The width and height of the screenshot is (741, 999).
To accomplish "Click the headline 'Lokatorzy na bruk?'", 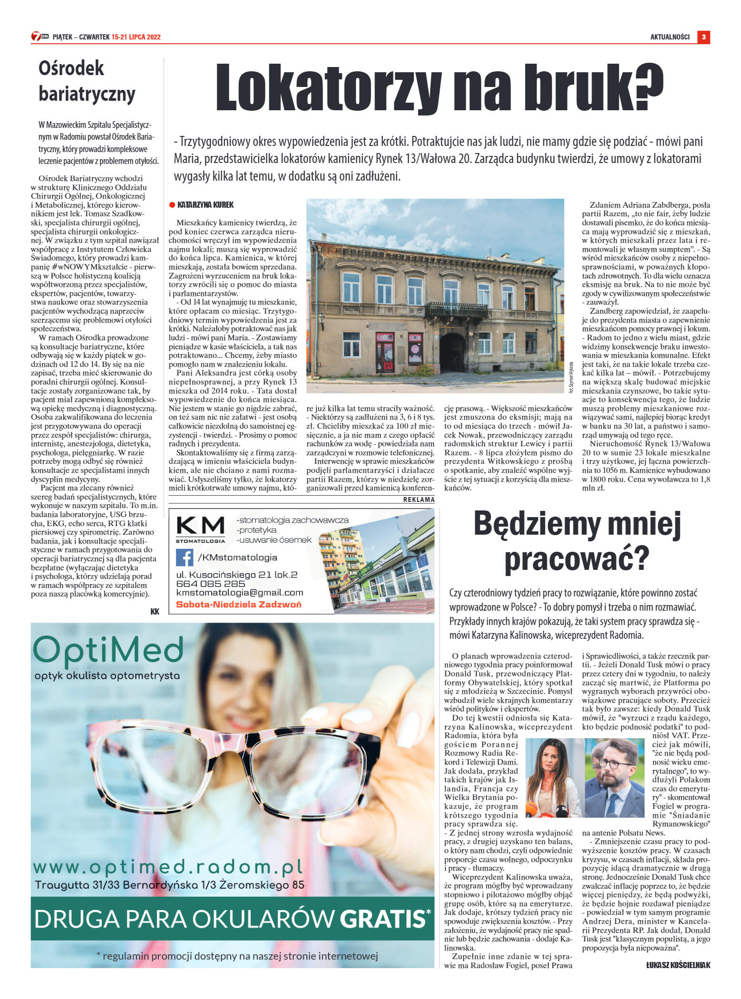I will click(x=439, y=87).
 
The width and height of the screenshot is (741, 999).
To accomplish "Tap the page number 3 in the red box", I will click(x=703, y=37).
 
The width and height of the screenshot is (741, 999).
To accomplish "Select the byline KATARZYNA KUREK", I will click(x=205, y=205).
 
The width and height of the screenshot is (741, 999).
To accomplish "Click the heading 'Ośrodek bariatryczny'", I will click(x=87, y=81).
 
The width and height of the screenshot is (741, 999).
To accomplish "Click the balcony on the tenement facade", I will click(x=456, y=310).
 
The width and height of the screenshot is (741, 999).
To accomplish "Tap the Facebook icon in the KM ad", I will click(x=185, y=557).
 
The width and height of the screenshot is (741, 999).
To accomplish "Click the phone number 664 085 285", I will click(x=210, y=584).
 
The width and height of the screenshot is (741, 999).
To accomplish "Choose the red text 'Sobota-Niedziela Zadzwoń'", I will click(x=238, y=605).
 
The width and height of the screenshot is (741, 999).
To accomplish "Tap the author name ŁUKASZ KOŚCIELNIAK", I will click(x=678, y=965).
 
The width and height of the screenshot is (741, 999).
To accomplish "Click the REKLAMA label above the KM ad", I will click(x=419, y=499).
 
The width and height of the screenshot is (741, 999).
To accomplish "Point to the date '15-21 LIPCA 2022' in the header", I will click(x=136, y=37).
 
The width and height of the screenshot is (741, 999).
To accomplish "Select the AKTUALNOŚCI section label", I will click(x=670, y=37).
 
